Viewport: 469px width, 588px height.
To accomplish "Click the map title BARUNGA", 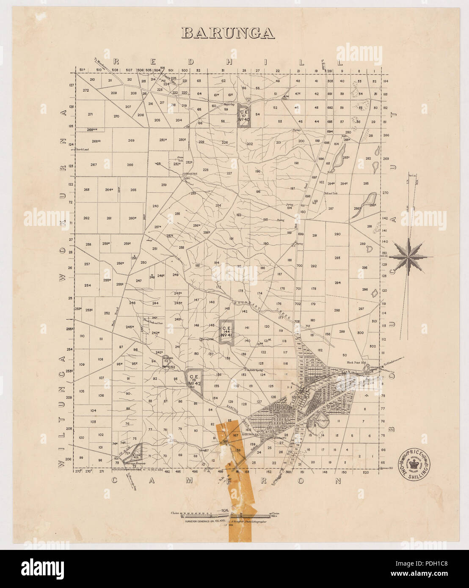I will [228, 33].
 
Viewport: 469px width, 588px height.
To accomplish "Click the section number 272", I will [86, 91].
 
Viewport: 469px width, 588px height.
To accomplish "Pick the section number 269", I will [131, 140].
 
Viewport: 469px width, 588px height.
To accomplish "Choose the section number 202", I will [249, 144].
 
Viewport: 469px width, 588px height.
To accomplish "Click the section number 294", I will [337, 283].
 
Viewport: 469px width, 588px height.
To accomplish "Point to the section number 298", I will [337, 310].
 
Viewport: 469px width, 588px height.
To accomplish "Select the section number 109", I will [82, 364].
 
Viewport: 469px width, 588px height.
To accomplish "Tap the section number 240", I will [155, 206].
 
